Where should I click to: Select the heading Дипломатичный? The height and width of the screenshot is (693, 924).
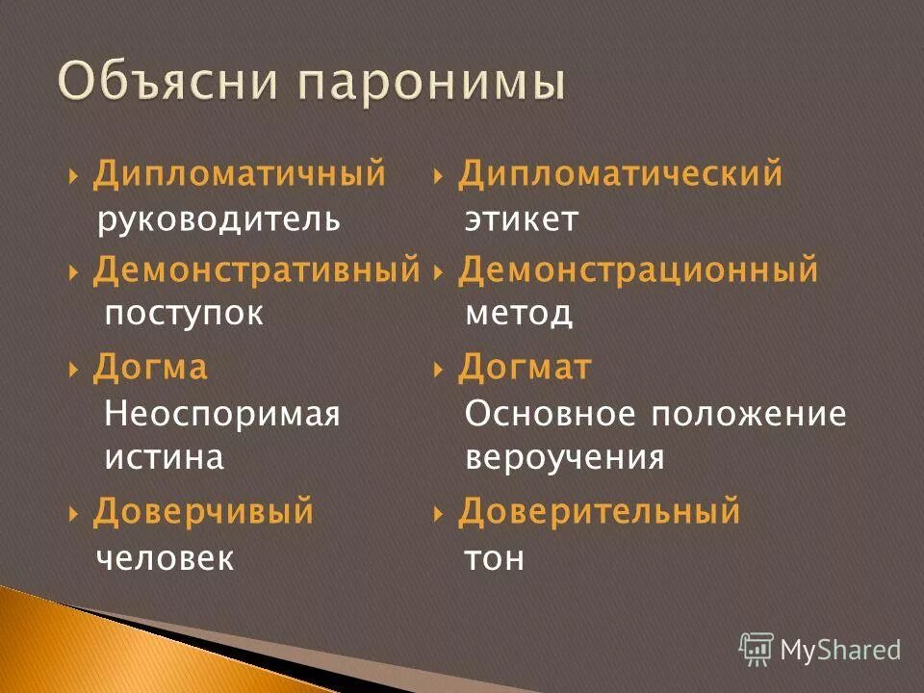point(239,175)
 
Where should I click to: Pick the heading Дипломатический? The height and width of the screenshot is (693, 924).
point(620,175)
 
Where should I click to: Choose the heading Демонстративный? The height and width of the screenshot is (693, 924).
point(256,270)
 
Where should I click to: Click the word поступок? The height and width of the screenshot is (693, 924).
point(183,314)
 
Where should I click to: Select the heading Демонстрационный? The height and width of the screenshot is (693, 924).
point(637,270)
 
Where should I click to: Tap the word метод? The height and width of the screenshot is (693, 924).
point(519,314)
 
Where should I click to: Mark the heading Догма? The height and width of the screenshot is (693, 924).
point(149,368)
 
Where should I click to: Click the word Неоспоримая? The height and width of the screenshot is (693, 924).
point(221,415)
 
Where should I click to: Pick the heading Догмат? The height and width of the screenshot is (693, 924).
point(525,368)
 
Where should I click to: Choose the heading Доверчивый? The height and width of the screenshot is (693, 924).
point(203,512)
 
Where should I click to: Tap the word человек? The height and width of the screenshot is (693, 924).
point(165,559)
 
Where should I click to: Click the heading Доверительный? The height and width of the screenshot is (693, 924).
point(599,512)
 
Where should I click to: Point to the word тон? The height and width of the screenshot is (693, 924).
point(494,559)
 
